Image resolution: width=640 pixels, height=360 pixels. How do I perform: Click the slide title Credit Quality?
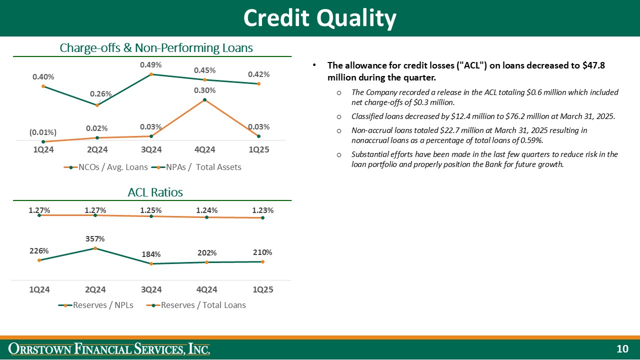[320, 18]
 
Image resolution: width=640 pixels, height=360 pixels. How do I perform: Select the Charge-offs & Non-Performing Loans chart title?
[156, 48]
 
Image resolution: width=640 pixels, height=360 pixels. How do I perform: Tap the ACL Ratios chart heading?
[155, 192]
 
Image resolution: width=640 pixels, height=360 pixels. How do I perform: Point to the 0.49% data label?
[150, 64]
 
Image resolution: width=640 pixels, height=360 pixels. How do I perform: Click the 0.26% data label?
[100, 94]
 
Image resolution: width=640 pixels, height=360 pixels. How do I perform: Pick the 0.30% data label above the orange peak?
[205, 90]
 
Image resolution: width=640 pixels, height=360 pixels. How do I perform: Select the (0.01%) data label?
[43, 132]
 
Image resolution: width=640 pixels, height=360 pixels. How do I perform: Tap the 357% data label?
[95, 239]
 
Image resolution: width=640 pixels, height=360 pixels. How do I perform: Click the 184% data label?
[151, 254]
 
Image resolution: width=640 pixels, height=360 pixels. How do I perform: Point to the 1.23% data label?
[262, 210]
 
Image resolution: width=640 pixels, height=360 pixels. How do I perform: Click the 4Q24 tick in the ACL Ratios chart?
[207, 289]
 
